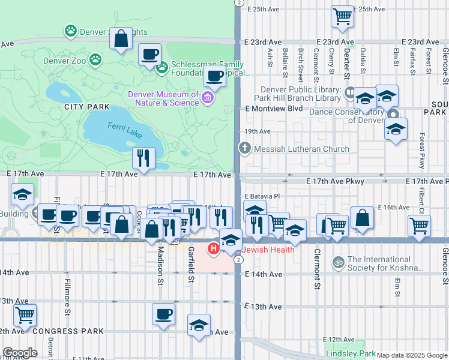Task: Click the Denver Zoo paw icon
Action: pos(95,59)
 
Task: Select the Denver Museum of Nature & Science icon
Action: pos(208,97)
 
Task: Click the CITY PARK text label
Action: pos(88,107)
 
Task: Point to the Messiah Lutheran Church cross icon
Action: pos(244,148)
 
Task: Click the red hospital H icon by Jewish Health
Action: pos(212,248)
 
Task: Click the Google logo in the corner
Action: pos(20,353)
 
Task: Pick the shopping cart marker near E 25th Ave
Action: pos(342,17)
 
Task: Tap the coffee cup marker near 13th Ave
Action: pos(163,314)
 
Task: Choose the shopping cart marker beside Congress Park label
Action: pos(25,314)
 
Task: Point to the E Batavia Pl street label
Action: pos(262,196)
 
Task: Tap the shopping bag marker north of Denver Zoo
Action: pos(121,38)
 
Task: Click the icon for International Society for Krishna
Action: pos(337,262)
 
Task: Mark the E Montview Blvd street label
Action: pos(274,109)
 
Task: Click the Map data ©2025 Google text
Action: pos(412,355)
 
